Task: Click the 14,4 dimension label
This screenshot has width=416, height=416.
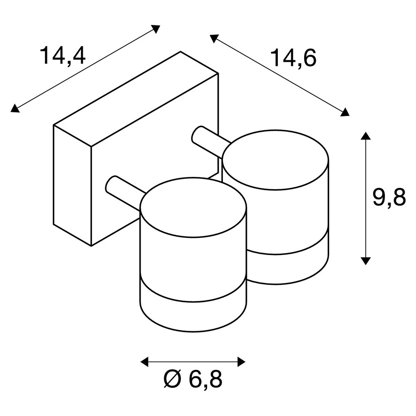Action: click(63, 56)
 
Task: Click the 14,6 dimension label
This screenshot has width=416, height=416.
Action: click(293, 58)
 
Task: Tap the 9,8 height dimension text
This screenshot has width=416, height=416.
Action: click(389, 198)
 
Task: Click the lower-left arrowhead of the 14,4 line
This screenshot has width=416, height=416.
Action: click(15, 108)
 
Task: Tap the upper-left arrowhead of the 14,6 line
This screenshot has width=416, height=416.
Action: click(214, 38)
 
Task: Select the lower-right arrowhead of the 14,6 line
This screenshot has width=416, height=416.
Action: click(345, 112)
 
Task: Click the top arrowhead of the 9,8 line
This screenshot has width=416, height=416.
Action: click(366, 136)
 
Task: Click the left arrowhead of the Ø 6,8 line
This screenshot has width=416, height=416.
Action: click(144, 362)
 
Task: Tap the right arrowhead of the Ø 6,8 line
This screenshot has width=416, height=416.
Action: click(241, 362)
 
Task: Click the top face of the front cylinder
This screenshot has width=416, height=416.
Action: click(193, 207)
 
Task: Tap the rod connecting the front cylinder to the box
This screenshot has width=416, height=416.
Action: click(125, 193)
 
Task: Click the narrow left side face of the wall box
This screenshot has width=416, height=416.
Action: click(72, 185)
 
